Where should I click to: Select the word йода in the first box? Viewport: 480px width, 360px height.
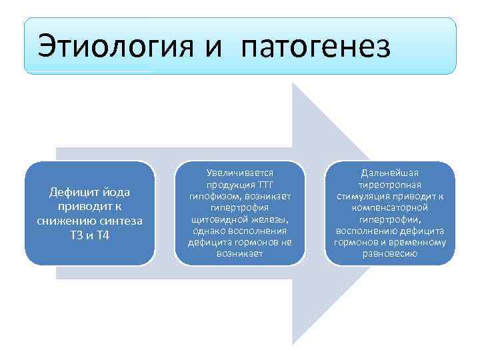tap(117, 192)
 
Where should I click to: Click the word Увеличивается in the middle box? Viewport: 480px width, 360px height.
tap(240, 173)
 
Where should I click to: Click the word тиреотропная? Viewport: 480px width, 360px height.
tap(389, 185)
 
